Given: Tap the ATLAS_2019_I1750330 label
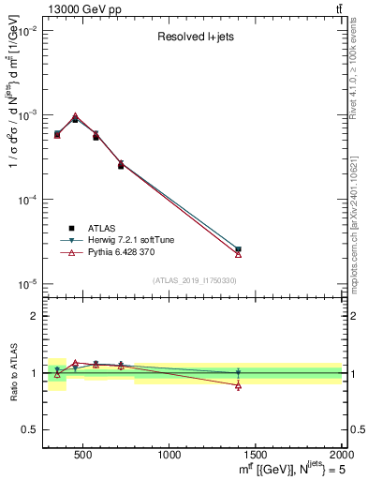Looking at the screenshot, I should click(194, 280).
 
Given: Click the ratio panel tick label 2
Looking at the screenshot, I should click(34, 317).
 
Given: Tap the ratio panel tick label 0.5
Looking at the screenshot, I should click(30, 429).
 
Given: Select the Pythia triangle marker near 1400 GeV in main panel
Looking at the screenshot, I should click(238, 254).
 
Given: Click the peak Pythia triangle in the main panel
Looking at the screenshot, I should click(75, 116).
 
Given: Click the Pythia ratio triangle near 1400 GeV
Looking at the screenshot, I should click(238, 385).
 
